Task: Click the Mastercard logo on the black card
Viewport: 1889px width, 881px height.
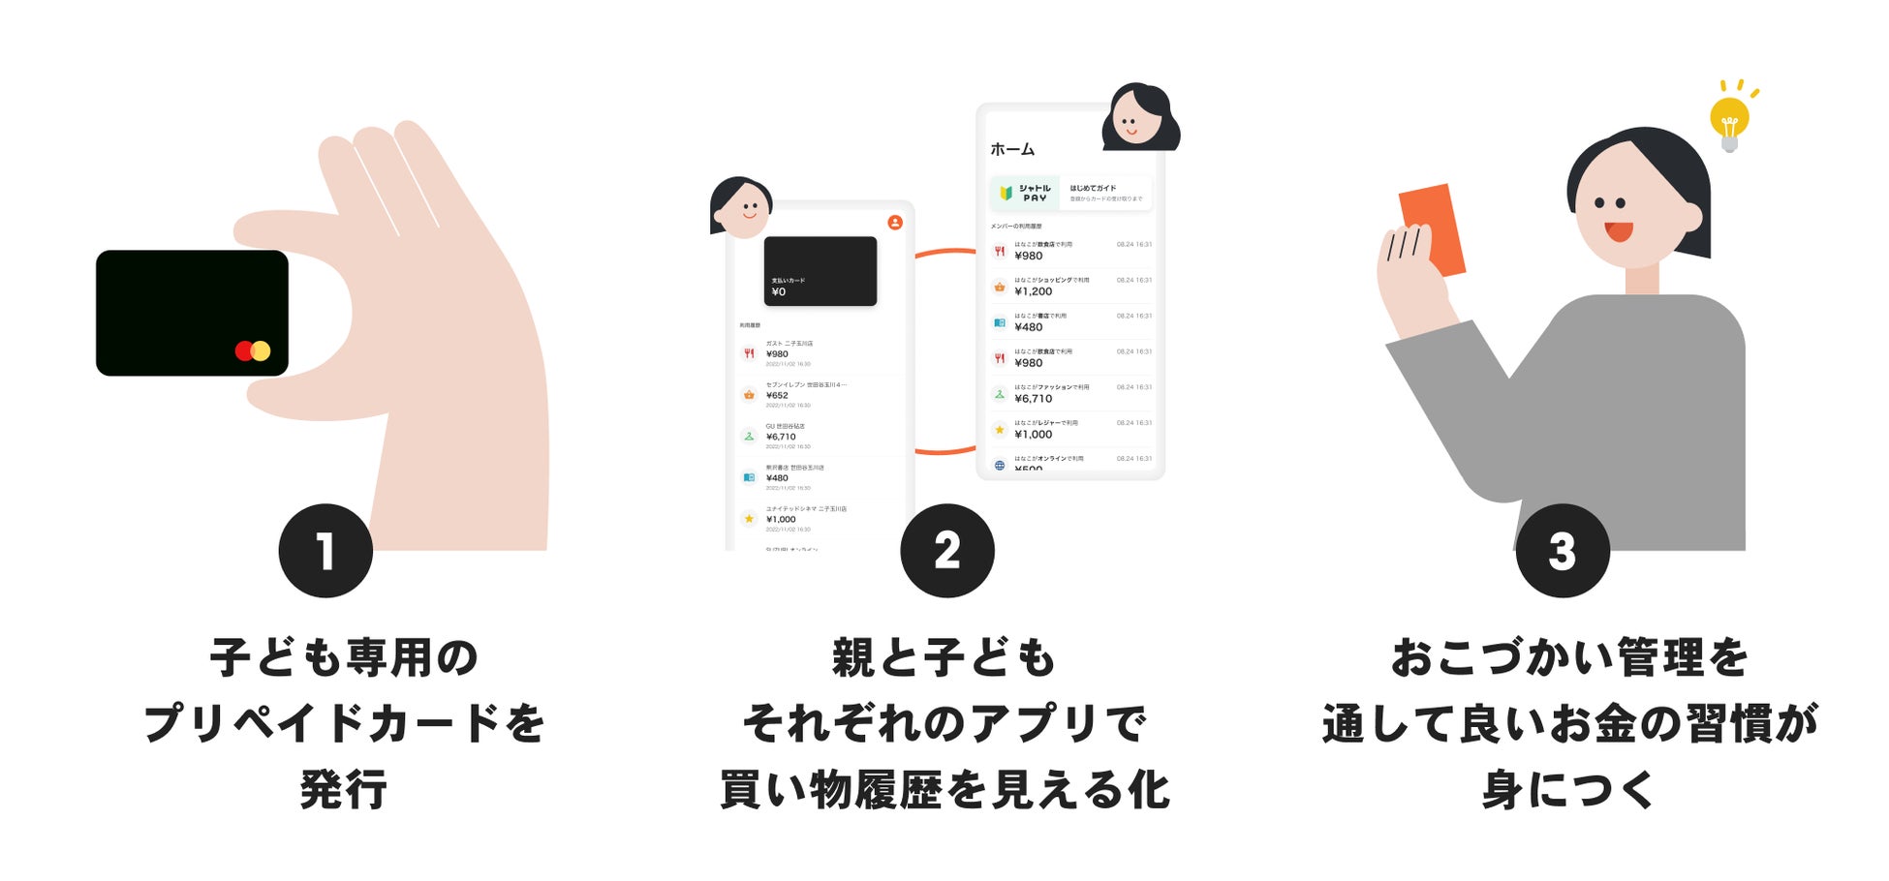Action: pos(253,350)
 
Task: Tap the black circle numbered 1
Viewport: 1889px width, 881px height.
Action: pos(325,551)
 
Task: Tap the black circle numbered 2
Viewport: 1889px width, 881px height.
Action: pos(946,551)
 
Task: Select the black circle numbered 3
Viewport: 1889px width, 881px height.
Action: pos(1562,551)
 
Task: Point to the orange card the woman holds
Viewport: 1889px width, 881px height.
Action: pos(1433,228)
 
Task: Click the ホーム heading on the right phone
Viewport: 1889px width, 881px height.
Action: pos(1012,149)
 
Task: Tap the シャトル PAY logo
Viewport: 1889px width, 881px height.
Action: pos(1025,193)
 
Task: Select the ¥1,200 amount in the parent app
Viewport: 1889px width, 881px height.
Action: pos(1033,291)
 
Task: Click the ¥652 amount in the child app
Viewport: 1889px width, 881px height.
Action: pos(777,395)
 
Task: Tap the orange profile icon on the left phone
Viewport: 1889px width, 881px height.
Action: pos(895,223)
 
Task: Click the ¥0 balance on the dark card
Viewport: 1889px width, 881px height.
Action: pos(779,292)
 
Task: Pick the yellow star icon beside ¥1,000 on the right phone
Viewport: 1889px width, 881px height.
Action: pos(1000,430)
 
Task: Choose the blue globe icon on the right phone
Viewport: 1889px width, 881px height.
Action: pos(1000,465)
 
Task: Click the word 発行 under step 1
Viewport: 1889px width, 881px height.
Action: pos(344,789)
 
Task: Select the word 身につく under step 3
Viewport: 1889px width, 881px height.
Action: pos(1568,789)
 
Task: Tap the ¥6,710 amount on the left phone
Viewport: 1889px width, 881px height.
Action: pos(781,437)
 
